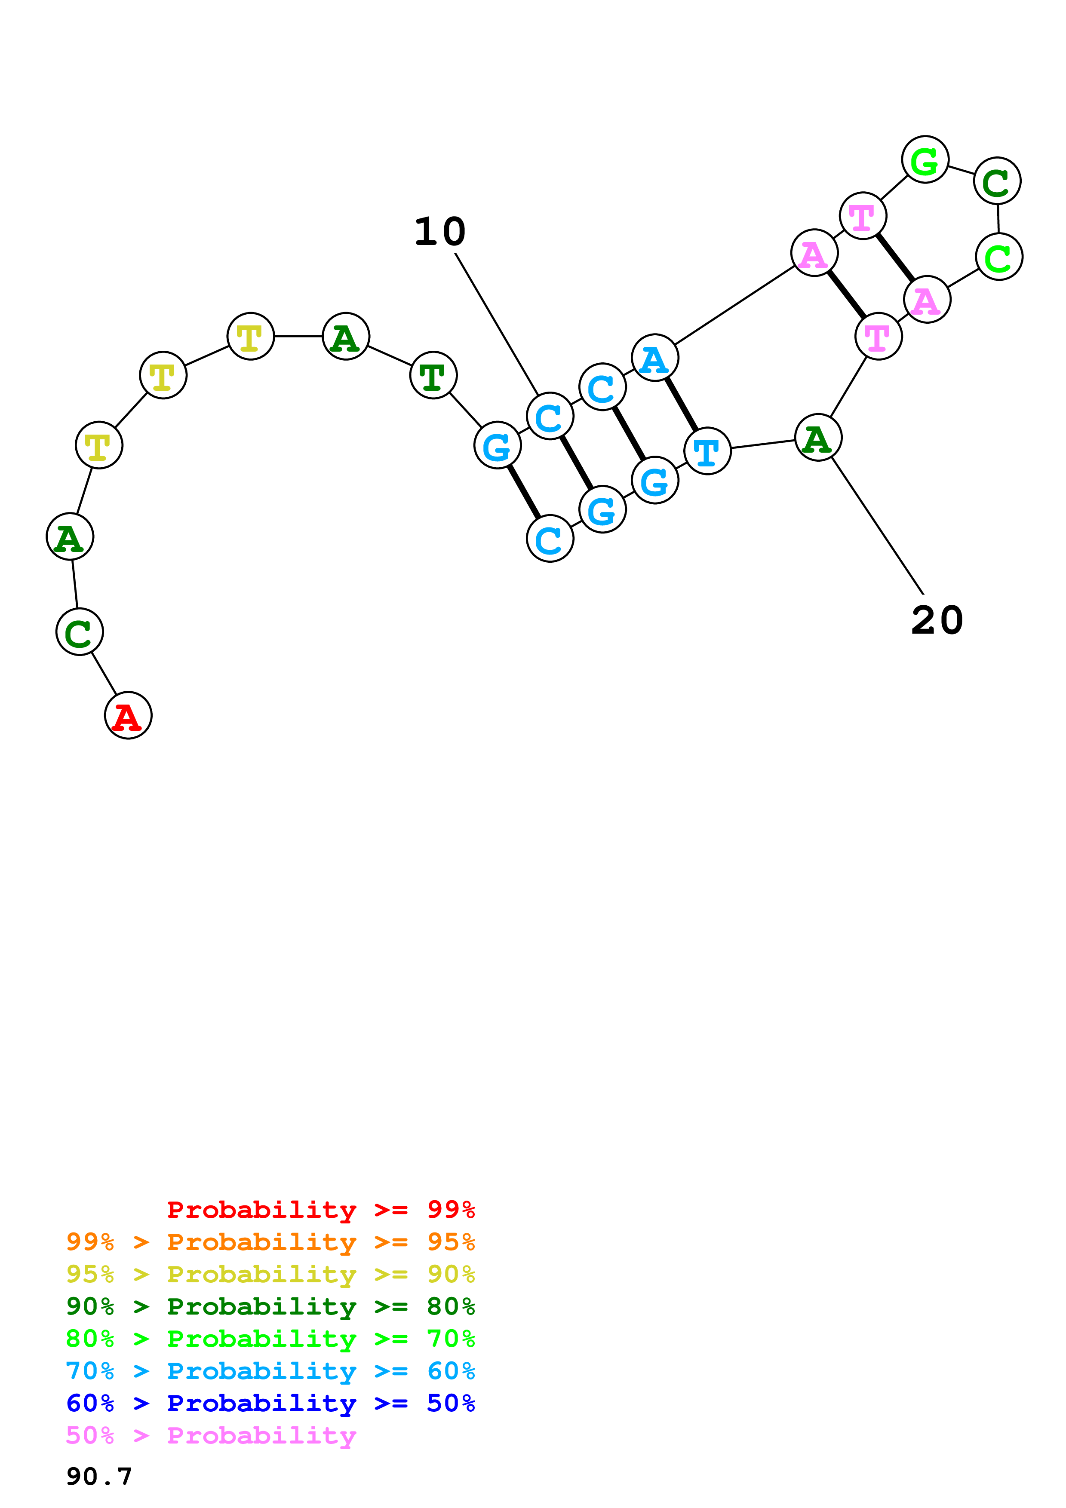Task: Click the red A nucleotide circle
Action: click(x=128, y=715)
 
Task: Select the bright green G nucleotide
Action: click(x=925, y=159)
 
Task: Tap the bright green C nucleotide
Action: click(x=999, y=257)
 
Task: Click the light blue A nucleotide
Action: click(x=654, y=358)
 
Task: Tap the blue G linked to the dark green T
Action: click(x=497, y=445)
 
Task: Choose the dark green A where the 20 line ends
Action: click(x=818, y=438)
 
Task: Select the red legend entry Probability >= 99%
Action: click(x=320, y=1209)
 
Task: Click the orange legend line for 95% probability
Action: click(x=270, y=1242)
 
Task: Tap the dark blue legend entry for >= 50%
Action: click(x=270, y=1403)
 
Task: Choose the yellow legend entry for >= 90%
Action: click(x=270, y=1274)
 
